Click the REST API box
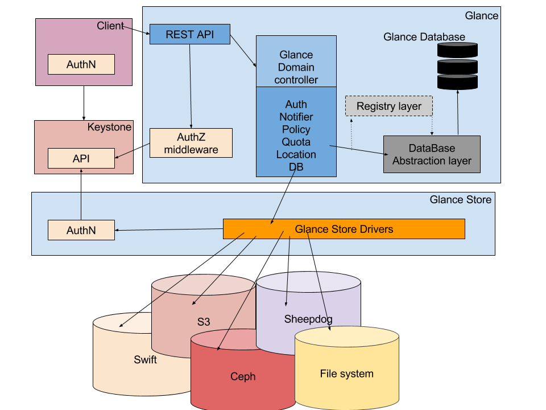189,34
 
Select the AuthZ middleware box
191,143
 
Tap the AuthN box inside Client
81,64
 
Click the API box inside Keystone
81,158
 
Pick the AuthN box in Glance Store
81,231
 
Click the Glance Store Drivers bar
344,229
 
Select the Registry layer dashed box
389,106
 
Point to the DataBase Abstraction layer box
432,154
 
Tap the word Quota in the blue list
296,142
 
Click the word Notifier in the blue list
296,117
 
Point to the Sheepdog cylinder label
308,319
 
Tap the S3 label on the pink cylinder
204,322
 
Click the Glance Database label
424,37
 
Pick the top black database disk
457,50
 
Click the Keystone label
109,127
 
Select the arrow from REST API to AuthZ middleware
191,85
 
